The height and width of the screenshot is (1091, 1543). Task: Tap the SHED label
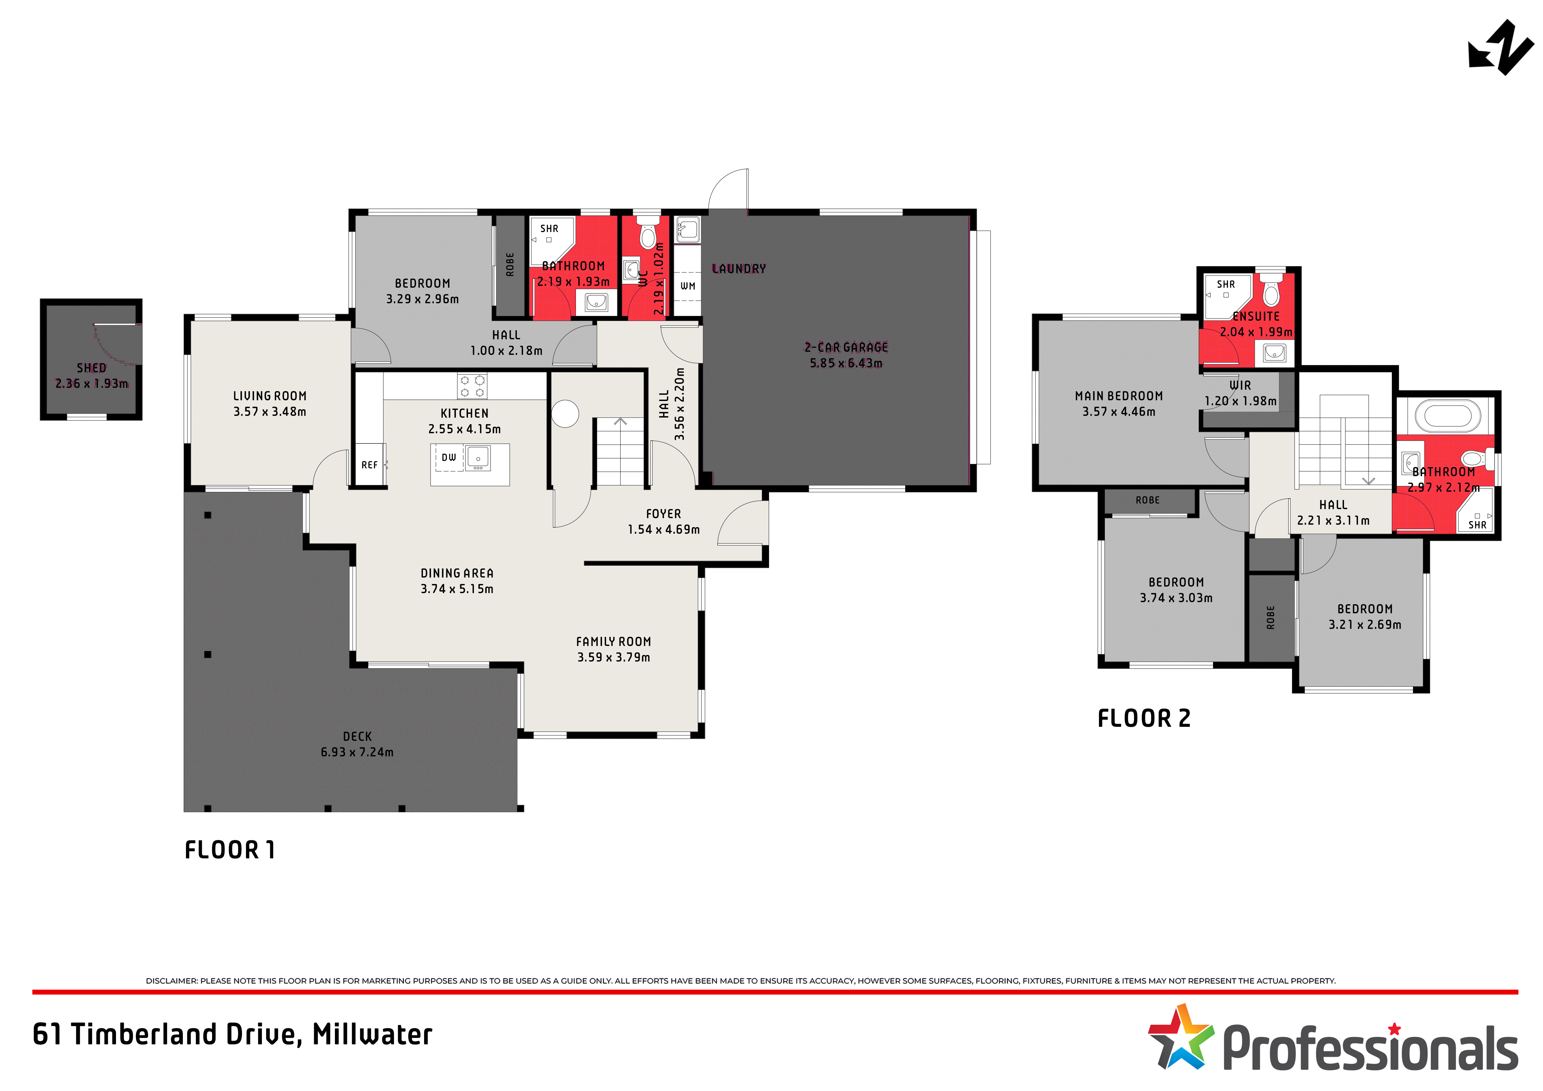91,368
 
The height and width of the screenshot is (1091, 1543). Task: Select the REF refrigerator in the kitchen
370,465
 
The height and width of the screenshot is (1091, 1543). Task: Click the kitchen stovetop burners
472,387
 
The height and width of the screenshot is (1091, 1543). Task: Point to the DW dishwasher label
449,457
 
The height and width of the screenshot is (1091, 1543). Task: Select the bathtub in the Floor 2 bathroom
1448,416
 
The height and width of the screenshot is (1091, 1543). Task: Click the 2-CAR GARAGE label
846,347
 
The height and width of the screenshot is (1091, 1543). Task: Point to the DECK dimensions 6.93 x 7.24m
357,751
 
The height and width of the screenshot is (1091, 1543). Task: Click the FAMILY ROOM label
614,641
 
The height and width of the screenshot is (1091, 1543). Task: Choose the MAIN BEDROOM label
1119,396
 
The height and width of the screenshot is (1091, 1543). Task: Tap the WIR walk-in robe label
1240,385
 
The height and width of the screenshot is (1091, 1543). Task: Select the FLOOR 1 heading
230,850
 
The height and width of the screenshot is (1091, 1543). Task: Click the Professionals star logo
1181,1037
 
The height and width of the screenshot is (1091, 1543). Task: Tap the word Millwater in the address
372,1034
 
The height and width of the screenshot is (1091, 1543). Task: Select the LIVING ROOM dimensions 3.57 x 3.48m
270,411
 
